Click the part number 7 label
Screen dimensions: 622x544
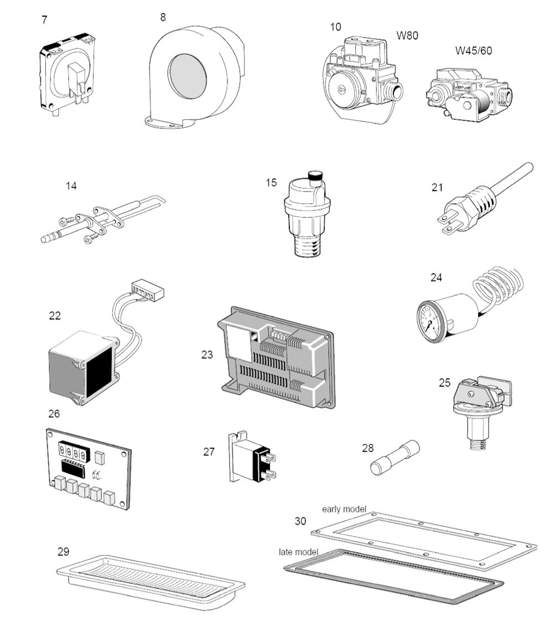pos(44,20)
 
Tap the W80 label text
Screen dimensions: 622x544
pos(407,37)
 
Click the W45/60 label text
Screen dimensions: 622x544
pos(473,51)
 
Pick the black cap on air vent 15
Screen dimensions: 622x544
pos(315,177)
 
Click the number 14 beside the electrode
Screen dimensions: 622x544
pos(71,186)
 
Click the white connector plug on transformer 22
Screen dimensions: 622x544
pos(149,289)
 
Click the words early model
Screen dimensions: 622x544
pos(344,509)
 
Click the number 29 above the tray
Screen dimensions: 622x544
pos(64,552)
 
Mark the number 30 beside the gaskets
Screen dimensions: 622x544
pos(301,521)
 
